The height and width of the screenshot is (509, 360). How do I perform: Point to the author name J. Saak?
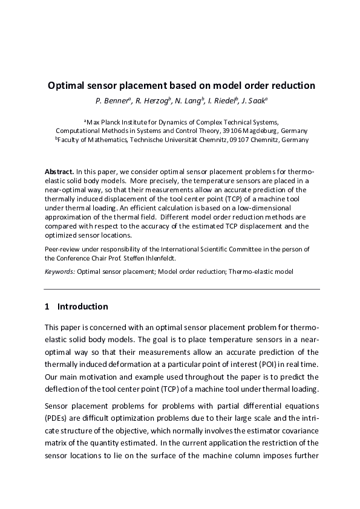tap(257, 100)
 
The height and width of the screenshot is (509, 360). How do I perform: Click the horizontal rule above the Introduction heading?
tap(182, 289)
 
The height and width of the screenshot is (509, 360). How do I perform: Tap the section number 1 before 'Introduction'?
tap(48, 306)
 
